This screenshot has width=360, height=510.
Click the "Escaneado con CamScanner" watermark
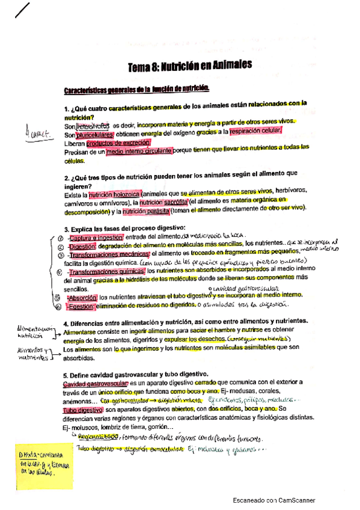273,500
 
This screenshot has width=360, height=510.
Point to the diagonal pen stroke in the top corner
22,10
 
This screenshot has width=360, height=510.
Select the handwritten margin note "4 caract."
34,131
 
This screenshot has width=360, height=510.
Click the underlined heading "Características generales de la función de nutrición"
136,89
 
